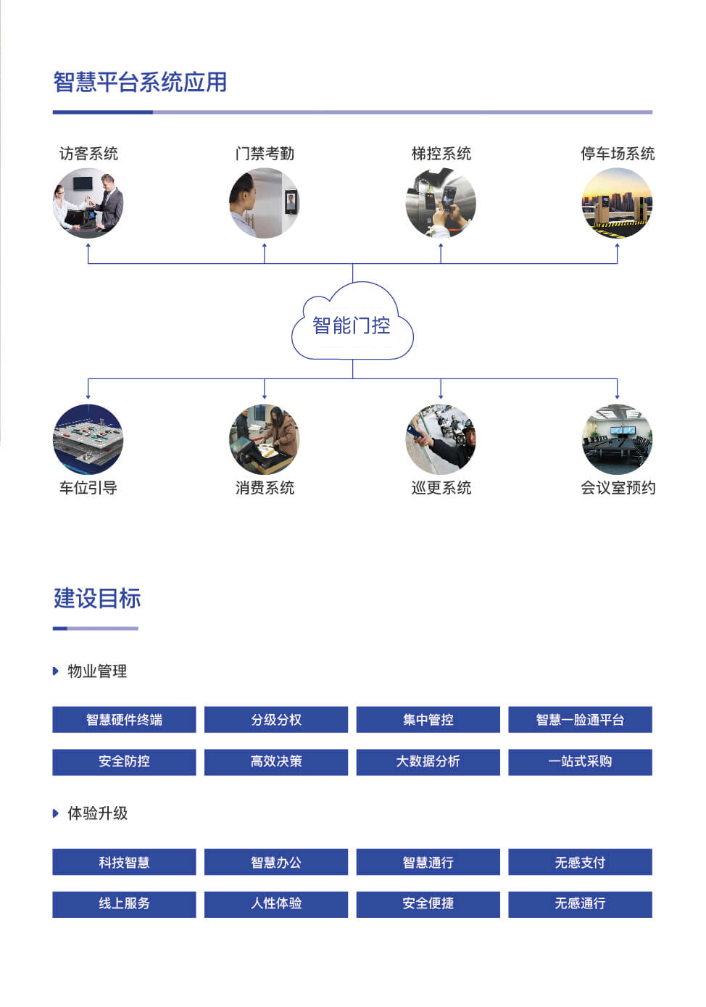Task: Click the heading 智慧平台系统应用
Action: click(x=140, y=82)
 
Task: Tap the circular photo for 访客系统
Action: click(x=88, y=203)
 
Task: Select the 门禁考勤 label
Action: click(x=265, y=154)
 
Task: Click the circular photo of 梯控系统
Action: click(x=441, y=203)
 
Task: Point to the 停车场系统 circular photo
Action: click(x=617, y=203)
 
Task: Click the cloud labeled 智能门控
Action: click(x=352, y=326)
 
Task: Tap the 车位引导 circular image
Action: click(x=88, y=439)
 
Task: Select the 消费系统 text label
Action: click(x=265, y=488)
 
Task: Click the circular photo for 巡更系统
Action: click(x=441, y=439)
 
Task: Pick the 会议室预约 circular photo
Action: click(x=617, y=439)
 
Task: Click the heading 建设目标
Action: click(x=97, y=599)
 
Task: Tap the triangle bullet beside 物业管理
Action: click(x=56, y=671)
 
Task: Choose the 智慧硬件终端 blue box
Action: click(x=124, y=720)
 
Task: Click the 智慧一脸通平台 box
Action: click(x=580, y=720)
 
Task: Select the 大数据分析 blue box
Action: click(x=428, y=761)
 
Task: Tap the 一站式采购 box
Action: click(x=580, y=761)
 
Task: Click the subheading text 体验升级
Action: click(x=98, y=813)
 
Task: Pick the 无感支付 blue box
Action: click(x=580, y=862)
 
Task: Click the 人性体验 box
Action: click(x=276, y=903)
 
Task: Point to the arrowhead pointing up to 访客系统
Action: click(x=88, y=246)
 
